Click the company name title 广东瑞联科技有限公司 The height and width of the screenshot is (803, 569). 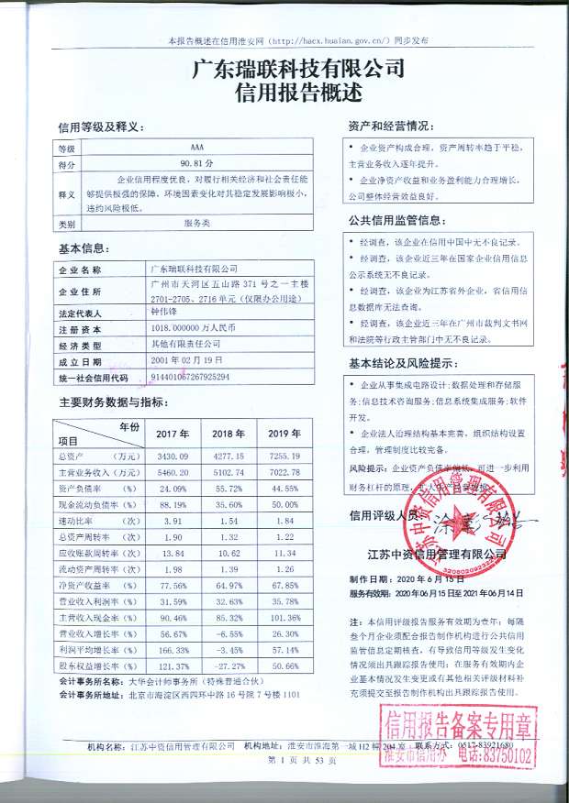298,69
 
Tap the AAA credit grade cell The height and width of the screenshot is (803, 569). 199,148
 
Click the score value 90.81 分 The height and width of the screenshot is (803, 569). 198,163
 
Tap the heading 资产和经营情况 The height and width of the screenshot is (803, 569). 389,125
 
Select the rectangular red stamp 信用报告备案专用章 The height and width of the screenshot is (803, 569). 460,741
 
